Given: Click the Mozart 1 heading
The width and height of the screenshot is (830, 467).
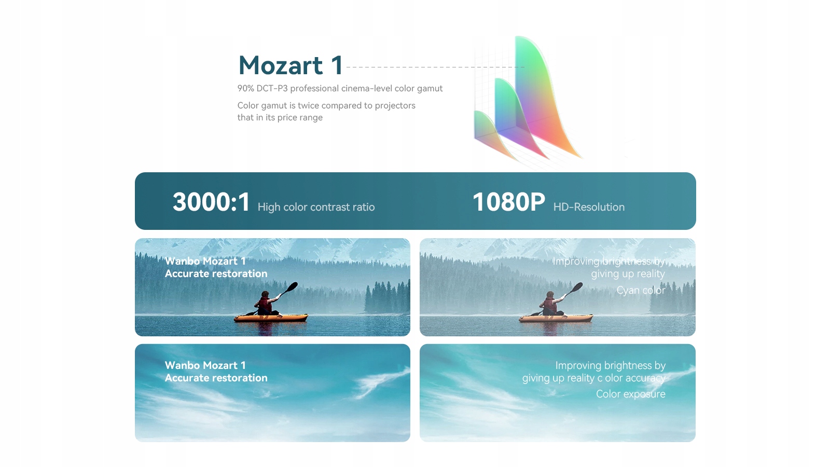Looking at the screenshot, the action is (x=290, y=65).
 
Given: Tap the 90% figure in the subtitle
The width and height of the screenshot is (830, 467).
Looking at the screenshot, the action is (x=246, y=89).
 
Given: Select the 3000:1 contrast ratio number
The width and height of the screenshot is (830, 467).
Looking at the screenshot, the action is (x=211, y=202).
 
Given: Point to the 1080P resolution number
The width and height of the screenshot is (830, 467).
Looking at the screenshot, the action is (x=509, y=202).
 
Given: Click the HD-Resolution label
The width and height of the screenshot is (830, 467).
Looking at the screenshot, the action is (x=589, y=207).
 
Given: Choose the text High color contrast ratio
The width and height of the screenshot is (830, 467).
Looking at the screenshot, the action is (x=316, y=207).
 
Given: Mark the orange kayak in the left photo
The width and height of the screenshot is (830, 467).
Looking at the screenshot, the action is (x=271, y=318).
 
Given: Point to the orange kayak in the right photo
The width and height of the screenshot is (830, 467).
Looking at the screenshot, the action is (x=556, y=318).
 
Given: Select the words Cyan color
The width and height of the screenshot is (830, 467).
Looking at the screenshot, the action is (x=641, y=290).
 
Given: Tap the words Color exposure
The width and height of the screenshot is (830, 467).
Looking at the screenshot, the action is (x=631, y=394).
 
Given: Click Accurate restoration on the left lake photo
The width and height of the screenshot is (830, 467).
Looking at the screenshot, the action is (x=216, y=273).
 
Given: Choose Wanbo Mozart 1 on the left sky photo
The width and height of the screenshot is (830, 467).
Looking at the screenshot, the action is (x=205, y=365).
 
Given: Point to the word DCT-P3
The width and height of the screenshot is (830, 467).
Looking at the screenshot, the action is (x=272, y=89).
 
